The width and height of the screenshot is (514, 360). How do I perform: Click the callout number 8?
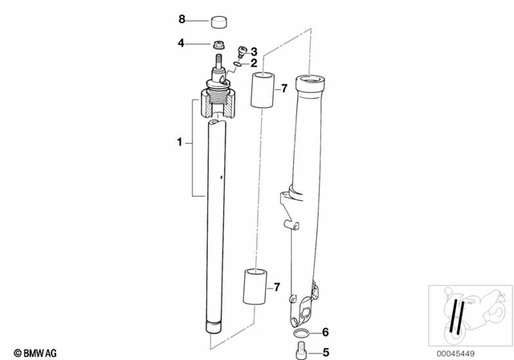[x=182, y=18]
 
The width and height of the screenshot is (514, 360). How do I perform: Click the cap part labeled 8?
[x=217, y=19]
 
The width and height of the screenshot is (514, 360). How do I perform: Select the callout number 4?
[x=182, y=42]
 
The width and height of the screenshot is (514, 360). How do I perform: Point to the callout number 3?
[x=254, y=51]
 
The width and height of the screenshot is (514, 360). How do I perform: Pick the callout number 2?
[x=254, y=63]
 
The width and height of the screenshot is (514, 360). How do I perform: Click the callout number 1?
[x=180, y=143]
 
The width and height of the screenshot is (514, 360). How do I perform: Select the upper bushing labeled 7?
[x=262, y=90]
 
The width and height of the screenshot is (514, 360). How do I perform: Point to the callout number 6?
[x=324, y=332]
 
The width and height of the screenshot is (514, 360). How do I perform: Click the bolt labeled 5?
[x=301, y=350]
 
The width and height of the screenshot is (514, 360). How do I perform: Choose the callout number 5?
[x=324, y=350]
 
